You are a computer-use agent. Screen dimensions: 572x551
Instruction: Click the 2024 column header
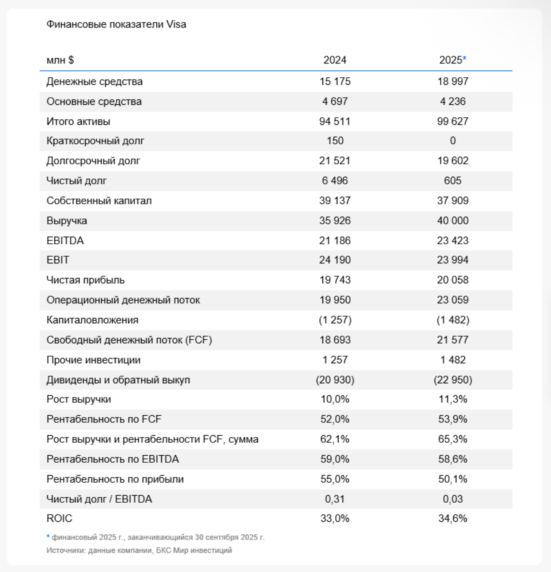[x=335, y=60]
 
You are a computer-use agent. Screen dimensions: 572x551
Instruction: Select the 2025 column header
[x=451, y=60]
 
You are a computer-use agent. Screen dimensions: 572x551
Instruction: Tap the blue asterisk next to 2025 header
[x=465, y=59]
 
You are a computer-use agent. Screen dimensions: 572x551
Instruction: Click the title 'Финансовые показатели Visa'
[x=116, y=24]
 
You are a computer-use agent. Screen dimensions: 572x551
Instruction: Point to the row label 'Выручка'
[x=67, y=221]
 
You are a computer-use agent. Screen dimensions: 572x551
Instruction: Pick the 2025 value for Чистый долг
[x=452, y=181]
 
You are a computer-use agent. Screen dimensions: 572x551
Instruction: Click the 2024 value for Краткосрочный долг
[x=335, y=141]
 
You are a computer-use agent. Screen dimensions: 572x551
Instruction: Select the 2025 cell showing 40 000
[x=452, y=221]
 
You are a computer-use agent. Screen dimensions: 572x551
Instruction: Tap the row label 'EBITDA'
[x=65, y=241]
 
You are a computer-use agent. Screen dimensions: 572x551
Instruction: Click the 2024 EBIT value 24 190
[x=335, y=260]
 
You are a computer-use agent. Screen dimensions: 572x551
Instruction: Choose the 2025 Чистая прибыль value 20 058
[x=452, y=280]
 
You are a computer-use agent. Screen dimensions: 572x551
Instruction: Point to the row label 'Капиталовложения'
[x=92, y=320]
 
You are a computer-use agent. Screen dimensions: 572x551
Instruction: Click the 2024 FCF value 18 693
[x=335, y=340]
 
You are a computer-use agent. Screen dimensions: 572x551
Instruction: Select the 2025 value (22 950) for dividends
[x=453, y=380]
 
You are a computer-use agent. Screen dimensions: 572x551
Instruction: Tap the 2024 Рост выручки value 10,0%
[x=335, y=400]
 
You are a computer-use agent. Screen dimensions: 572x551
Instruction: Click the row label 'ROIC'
[x=59, y=519]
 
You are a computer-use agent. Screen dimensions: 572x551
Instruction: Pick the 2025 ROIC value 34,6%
[x=452, y=519]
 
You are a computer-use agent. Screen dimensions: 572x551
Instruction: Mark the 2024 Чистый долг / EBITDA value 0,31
[x=335, y=499]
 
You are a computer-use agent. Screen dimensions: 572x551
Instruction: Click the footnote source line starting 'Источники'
[x=139, y=551]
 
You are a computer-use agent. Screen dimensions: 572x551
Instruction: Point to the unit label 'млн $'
[x=60, y=60]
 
